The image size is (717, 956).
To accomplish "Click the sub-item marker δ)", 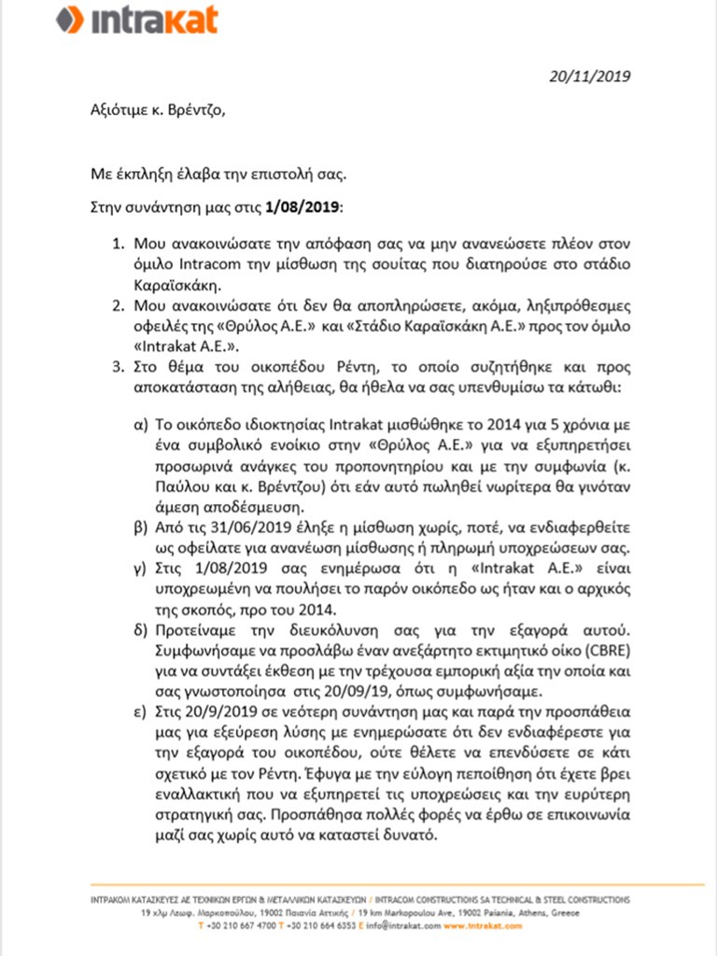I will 142,624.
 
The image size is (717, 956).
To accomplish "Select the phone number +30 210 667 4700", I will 239,927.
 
